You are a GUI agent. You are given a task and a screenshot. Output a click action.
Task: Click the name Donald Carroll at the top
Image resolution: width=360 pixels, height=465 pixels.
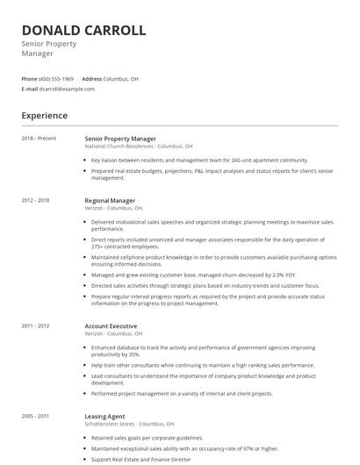point(83,30)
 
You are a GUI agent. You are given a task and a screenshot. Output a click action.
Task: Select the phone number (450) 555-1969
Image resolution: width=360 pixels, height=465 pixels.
point(56,79)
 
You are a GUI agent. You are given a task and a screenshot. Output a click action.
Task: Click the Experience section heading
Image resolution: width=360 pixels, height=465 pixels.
point(44,115)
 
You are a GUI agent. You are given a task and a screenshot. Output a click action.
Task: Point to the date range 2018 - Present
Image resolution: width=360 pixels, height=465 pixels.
point(39,139)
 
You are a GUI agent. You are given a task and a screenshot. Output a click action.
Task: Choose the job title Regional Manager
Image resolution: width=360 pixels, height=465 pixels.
point(110,200)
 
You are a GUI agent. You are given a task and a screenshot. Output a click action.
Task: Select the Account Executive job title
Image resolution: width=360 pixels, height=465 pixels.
point(111,326)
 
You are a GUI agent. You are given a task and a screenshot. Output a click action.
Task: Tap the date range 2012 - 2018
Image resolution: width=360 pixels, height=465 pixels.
point(35,200)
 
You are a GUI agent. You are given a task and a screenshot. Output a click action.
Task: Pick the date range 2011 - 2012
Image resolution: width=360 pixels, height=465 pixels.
point(35,326)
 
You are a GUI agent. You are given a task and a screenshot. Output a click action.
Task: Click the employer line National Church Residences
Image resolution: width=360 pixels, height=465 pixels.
point(138,147)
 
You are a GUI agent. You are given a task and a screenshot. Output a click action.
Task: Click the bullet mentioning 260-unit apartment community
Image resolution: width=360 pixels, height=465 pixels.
point(199,161)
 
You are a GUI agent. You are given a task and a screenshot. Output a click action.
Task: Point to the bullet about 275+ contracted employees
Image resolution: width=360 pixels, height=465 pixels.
point(211,242)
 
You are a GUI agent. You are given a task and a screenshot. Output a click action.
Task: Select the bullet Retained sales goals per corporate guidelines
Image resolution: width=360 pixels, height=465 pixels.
point(147,438)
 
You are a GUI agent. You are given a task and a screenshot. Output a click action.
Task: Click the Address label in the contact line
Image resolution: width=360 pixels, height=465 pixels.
point(92,79)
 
